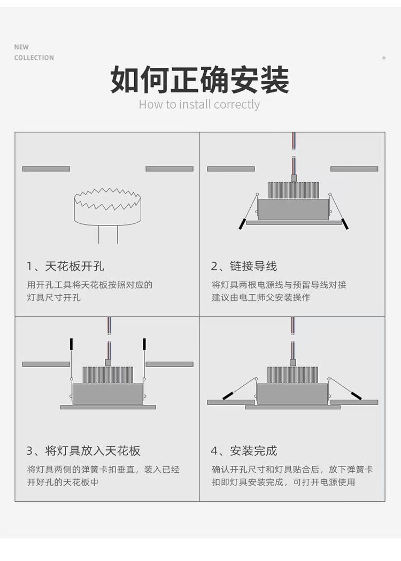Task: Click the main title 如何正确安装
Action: [199, 80]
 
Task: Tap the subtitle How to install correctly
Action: [199, 104]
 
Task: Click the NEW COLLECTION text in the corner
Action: [34, 52]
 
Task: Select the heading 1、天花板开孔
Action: [65, 266]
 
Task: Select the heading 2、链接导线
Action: [244, 266]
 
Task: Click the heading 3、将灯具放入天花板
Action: [83, 450]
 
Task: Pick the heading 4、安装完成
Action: [244, 450]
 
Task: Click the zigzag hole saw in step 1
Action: [107, 206]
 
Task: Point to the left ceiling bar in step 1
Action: [46, 169]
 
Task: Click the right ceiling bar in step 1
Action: [169, 169]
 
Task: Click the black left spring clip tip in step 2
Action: [242, 224]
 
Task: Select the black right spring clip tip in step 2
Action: [344, 224]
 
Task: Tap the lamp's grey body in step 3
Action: [107, 394]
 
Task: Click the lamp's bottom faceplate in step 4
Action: [292, 407]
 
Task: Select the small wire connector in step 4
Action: [292, 362]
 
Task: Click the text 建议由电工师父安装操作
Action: [260, 297]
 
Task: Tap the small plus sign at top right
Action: [384, 58]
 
